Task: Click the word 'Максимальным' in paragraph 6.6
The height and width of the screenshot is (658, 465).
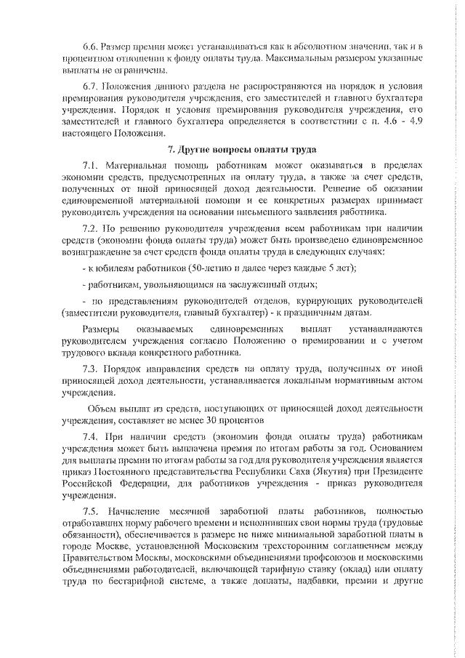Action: click(x=299, y=57)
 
